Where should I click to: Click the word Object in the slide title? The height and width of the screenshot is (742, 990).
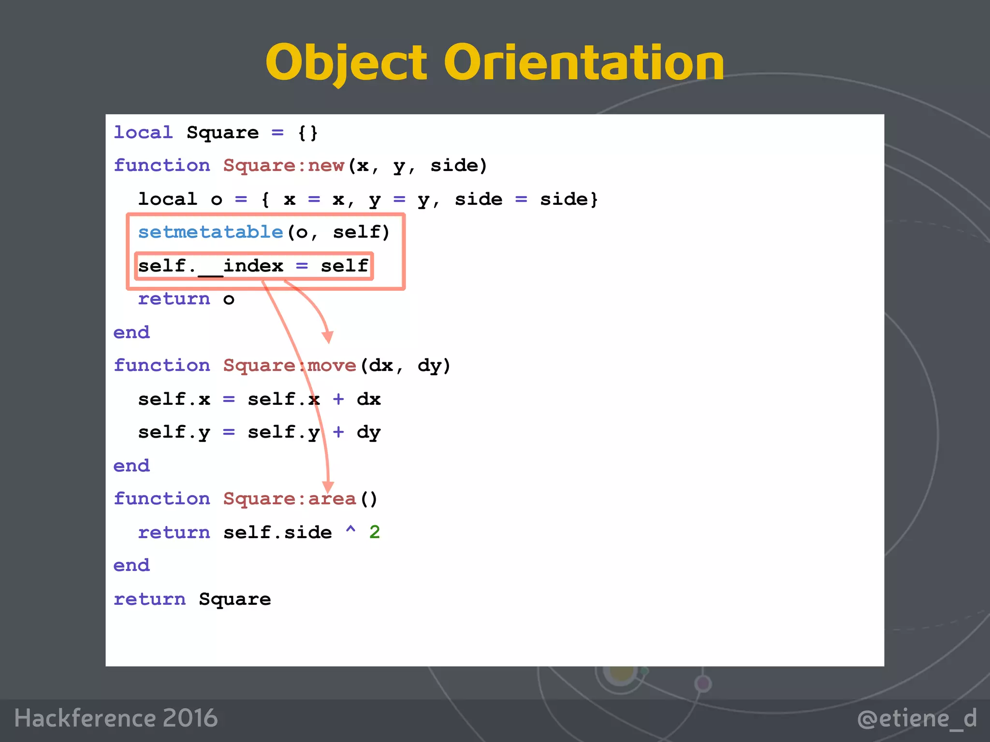point(346,63)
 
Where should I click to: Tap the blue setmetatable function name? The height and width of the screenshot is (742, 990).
point(210,232)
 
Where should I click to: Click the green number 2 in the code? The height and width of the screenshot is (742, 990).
point(375,532)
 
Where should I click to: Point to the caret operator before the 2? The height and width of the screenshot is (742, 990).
point(350,530)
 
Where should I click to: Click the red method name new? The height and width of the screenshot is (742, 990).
point(326,166)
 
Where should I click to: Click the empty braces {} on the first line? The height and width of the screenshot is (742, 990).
point(308,133)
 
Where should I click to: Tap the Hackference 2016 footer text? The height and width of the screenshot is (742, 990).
point(116,718)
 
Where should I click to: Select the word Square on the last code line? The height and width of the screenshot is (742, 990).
point(235,599)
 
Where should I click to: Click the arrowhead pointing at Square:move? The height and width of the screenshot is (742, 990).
point(328,337)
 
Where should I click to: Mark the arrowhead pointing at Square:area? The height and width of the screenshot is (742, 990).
point(328,487)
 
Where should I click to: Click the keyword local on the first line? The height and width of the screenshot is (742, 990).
point(143,133)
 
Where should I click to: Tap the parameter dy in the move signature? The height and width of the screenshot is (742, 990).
point(429,366)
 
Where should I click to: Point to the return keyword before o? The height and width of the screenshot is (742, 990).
point(174,300)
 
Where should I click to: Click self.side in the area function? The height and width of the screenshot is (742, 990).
point(277,532)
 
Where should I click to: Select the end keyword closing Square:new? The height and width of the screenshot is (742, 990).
point(131,333)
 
